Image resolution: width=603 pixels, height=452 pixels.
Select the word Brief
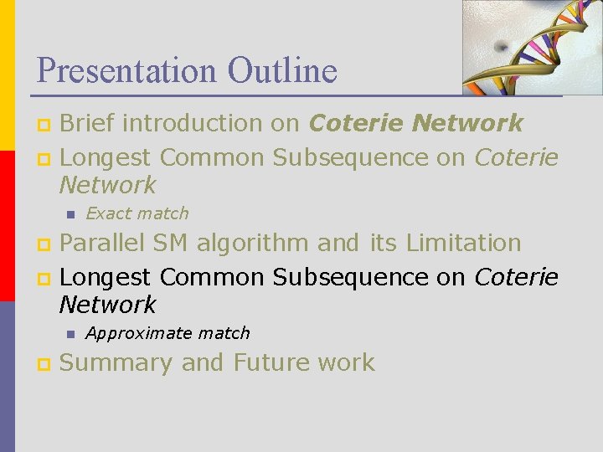(x=91, y=124)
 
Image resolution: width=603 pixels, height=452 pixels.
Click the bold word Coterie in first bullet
(x=357, y=124)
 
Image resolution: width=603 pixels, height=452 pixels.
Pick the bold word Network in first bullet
(x=468, y=124)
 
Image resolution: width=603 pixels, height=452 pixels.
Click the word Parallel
(x=103, y=244)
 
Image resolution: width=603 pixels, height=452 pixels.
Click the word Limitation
(x=463, y=244)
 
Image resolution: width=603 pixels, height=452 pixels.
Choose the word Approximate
(x=139, y=333)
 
